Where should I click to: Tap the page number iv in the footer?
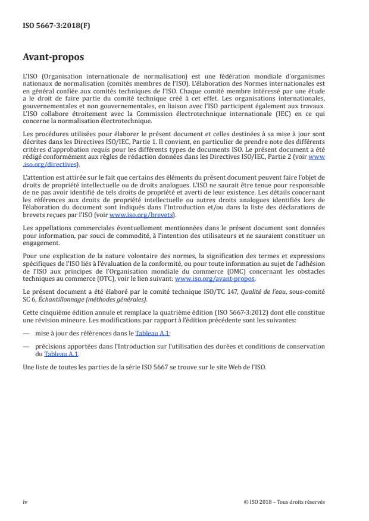(25, 501)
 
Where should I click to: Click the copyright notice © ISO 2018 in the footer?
(284, 501)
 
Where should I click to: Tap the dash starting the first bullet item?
(26, 334)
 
